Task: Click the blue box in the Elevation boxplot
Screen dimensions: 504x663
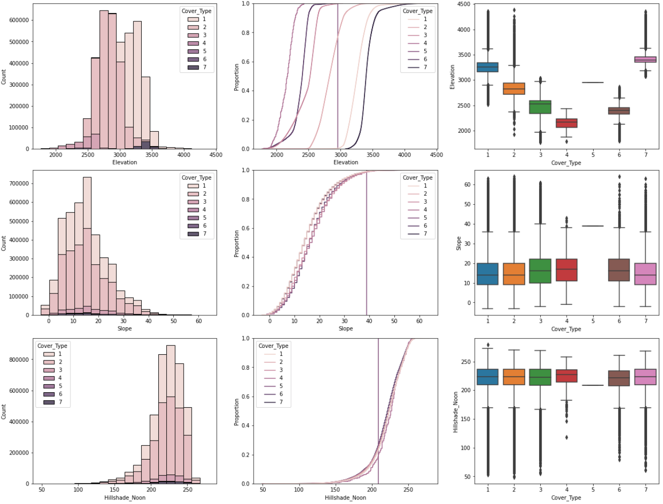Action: point(487,67)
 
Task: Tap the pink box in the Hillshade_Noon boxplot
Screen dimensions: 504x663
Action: point(646,377)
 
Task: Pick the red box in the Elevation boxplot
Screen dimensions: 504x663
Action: point(567,123)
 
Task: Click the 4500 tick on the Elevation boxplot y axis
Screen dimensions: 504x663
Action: point(464,4)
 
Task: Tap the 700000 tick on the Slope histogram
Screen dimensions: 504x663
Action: point(19,184)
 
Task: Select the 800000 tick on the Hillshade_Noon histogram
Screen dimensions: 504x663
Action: point(19,360)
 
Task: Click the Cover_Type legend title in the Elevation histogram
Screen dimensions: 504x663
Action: point(196,11)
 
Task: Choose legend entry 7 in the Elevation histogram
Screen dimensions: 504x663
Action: point(204,67)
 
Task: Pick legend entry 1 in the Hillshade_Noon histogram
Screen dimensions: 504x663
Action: point(60,354)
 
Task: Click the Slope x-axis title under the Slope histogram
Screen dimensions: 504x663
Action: point(124,328)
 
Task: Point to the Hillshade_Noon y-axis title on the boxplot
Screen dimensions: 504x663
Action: point(455,412)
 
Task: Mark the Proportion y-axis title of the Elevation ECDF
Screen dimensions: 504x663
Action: point(237,77)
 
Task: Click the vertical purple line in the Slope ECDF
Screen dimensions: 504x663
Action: point(366,245)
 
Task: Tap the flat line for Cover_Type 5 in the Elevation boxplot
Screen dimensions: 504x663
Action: point(593,82)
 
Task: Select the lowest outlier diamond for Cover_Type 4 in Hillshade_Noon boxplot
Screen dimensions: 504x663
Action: point(567,437)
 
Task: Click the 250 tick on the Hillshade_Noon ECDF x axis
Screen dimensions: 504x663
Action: point(408,490)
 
